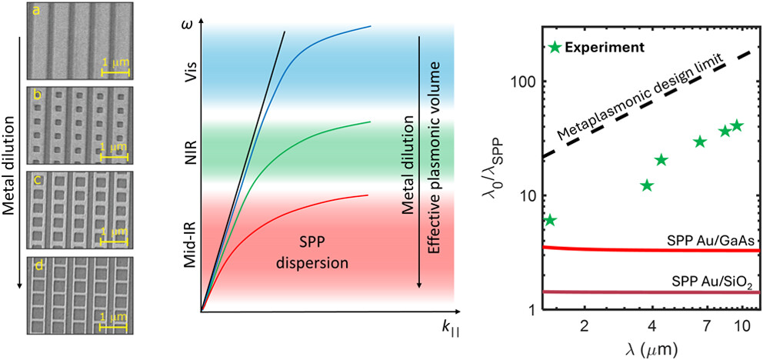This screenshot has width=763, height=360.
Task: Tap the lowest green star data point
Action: [549, 221]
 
